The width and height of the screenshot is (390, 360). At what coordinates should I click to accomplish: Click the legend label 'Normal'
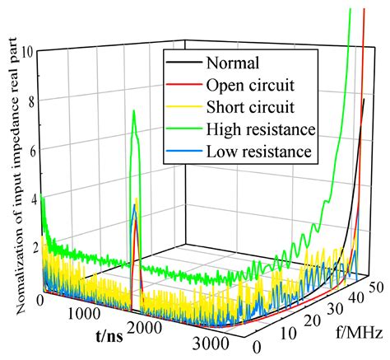pyautogui.click(x=233, y=62)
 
